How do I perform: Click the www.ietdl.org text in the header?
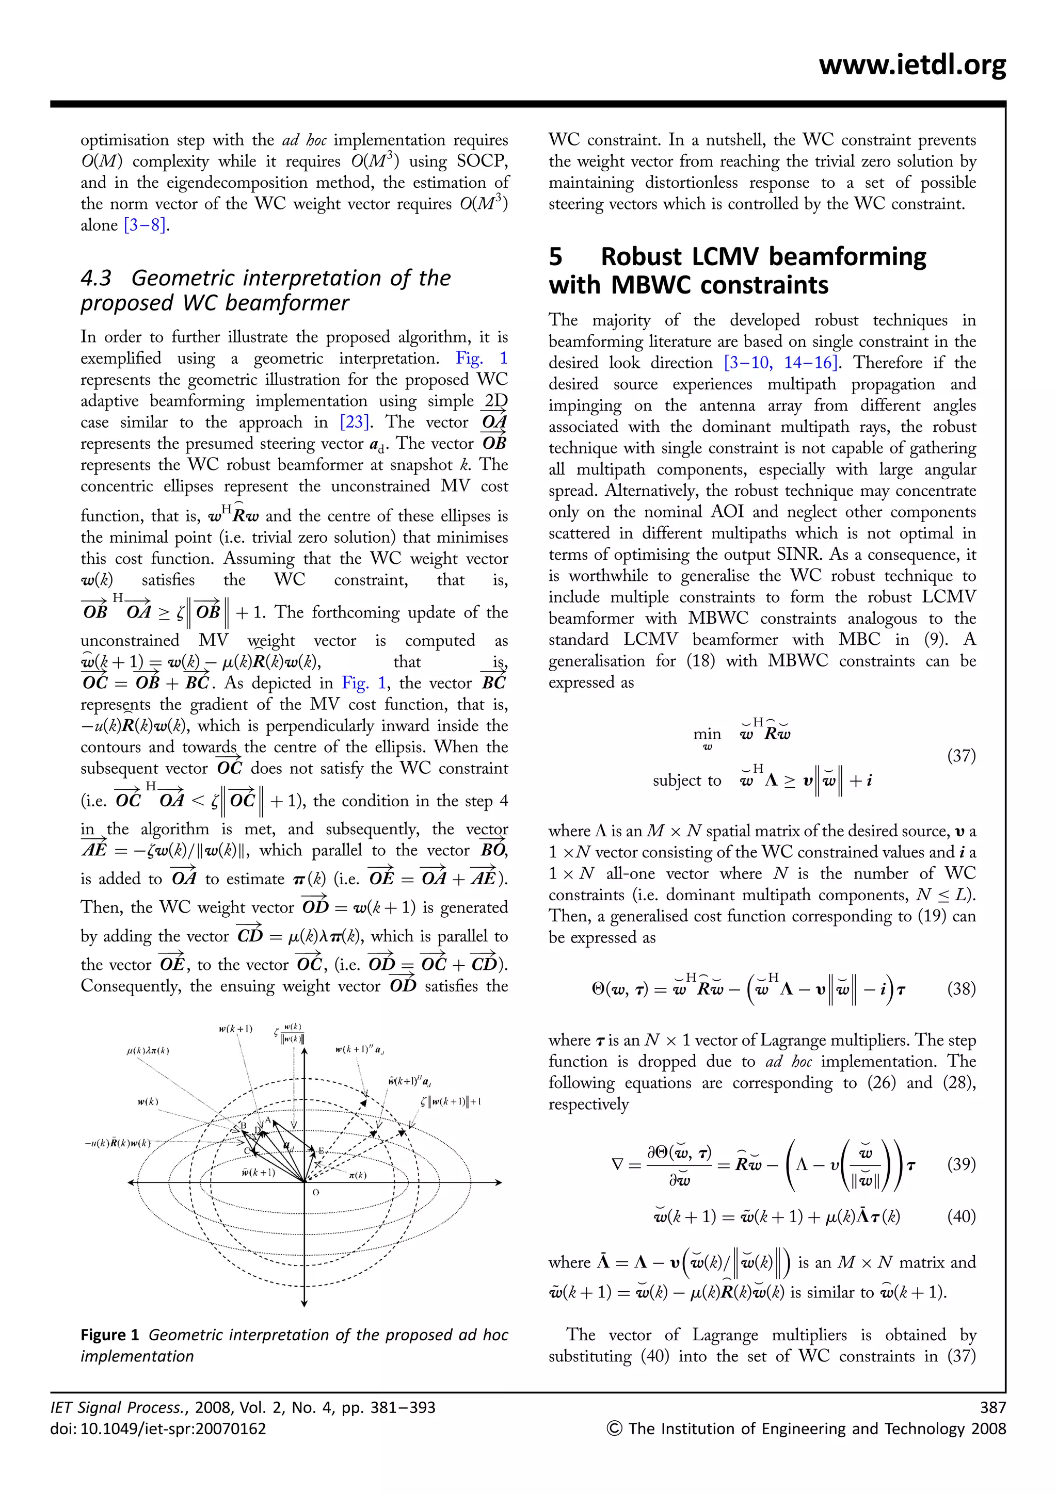pos(912,65)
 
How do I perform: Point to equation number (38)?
pos(960,989)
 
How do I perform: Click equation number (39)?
pos(960,1164)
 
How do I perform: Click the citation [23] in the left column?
pos(356,423)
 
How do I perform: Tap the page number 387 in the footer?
pos(992,1407)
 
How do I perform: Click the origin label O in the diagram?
pos(316,1193)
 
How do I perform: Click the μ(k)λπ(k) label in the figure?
pos(149,1051)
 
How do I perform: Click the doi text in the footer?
pos(158,1429)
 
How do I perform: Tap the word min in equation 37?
pos(707,734)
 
